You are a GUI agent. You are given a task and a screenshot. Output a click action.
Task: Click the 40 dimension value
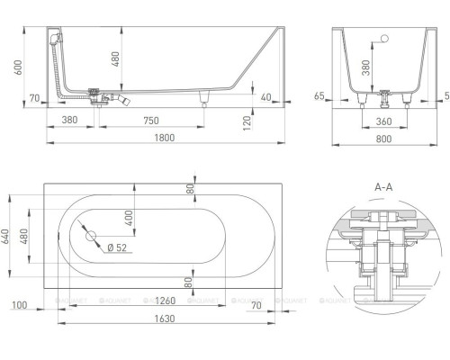[x=266, y=97]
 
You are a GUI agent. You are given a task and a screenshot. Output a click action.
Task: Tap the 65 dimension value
[x=319, y=95]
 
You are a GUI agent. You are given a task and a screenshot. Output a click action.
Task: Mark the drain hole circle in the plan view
[x=90, y=236]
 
